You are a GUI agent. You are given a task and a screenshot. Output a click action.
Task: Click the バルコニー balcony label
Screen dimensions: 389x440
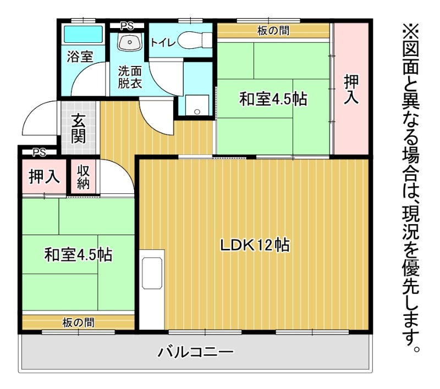(196, 352)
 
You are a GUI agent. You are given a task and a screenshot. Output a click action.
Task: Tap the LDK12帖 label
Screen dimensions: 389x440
(255, 246)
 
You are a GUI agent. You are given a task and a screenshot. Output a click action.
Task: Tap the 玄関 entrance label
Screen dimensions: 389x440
(79, 128)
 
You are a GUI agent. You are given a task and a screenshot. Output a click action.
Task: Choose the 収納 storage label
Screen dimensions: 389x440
(83, 176)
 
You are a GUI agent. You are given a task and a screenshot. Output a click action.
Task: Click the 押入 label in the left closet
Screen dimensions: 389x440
(43, 177)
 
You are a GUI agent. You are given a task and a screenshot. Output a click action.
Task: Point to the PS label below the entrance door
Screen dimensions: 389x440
(38, 152)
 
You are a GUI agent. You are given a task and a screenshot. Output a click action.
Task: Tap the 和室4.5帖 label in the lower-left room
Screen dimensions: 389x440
(79, 255)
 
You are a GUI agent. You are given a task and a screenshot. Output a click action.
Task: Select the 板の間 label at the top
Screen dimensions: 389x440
(273, 31)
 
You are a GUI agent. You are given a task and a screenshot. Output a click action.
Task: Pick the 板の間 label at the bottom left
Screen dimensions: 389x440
(78, 323)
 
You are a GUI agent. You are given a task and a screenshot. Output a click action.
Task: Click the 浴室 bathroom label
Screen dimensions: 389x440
(80, 56)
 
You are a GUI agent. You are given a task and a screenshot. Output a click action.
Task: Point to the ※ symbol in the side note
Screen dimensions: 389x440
(411, 29)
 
